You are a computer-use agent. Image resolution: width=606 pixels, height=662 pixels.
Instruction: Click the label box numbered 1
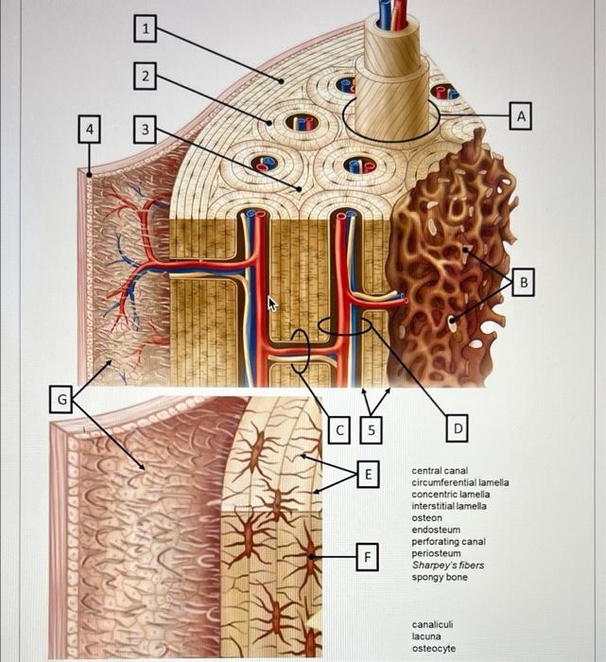pyautogui.click(x=144, y=30)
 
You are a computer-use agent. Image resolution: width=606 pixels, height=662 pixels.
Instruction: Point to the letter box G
pyautogui.click(x=62, y=400)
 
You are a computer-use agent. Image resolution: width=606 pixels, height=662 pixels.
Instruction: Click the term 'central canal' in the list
pyautogui.click(x=440, y=470)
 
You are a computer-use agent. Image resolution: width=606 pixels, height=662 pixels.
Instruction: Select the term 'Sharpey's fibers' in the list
pyautogui.click(x=446, y=566)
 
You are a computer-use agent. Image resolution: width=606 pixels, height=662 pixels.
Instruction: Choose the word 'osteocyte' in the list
pyautogui.click(x=433, y=648)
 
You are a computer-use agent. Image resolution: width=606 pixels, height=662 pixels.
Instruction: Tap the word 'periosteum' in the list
pyautogui.click(x=436, y=553)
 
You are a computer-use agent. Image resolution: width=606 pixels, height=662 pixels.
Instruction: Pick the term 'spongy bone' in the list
pyautogui.click(x=439, y=577)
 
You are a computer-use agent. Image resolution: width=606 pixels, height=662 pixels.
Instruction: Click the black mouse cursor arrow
pyautogui.click(x=273, y=304)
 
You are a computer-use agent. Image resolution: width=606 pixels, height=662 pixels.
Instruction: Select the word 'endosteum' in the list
pyautogui.click(x=435, y=530)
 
